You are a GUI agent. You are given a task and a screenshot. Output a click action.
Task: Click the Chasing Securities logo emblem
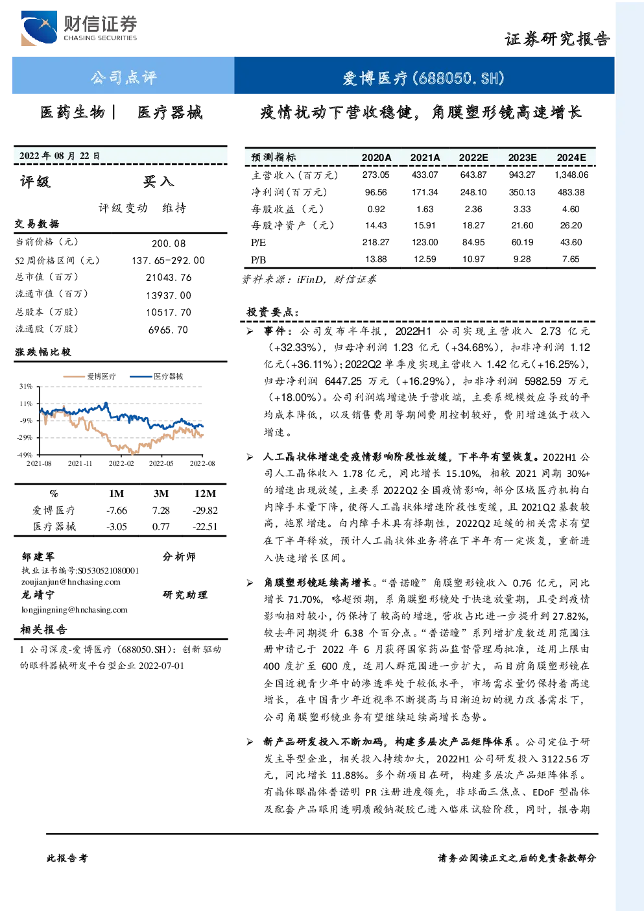[x=39, y=28]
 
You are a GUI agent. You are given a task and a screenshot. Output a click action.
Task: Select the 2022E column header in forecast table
[x=473, y=158]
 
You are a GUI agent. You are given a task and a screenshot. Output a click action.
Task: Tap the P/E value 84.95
[x=473, y=243]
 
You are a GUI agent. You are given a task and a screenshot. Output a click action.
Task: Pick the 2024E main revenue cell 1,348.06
[x=571, y=175]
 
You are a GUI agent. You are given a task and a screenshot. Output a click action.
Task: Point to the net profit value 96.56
[x=376, y=192]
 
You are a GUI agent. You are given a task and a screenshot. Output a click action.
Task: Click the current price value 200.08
[x=169, y=243]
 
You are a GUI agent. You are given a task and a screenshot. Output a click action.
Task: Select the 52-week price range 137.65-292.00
[x=169, y=261]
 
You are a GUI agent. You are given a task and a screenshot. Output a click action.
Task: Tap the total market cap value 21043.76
[x=169, y=278]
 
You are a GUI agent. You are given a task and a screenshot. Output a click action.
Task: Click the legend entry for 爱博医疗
[x=89, y=376]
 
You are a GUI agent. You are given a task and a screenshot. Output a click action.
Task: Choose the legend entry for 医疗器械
[x=156, y=376]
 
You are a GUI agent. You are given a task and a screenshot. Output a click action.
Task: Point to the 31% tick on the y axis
[x=25, y=386]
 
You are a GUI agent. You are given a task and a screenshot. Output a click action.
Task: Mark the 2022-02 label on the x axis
[x=121, y=463]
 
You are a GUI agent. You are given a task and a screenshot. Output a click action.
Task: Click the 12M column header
[x=206, y=494]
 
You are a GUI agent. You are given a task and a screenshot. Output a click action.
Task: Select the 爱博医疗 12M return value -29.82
[x=206, y=511]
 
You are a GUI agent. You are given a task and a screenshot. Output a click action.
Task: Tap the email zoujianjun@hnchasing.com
[x=71, y=582]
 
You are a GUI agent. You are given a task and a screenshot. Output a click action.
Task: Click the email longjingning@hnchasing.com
[x=75, y=610]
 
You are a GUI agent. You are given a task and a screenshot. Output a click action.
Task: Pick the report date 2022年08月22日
[x=60, y=156]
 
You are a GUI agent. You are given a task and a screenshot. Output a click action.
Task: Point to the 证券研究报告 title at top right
[x=557, y=40]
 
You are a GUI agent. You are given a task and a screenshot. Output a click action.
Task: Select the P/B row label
[x=259, y=260]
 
